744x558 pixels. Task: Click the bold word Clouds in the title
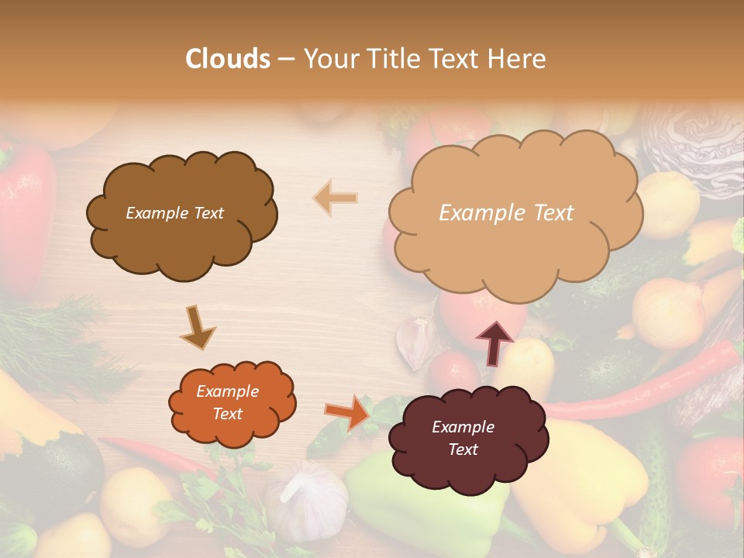[x=227, y=59]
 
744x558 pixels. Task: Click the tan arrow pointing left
[x=336, y=198]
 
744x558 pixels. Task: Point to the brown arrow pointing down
[x=198, y=327]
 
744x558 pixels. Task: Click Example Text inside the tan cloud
[x=506, y=213]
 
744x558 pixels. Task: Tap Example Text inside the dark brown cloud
[x=174, y=213]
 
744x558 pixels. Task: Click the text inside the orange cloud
[x=227, y=403]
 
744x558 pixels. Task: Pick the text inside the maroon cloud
[x=463, y=438]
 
